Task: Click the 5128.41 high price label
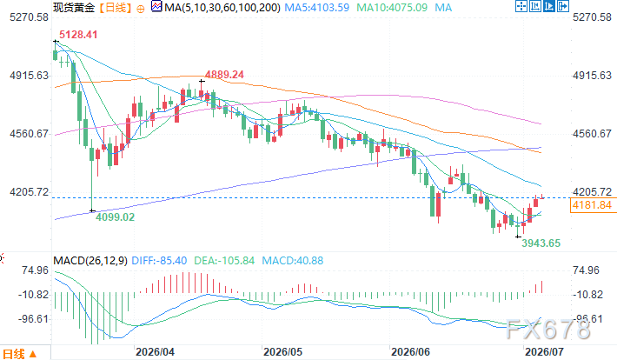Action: tap(78, 35)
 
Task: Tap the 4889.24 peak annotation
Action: tap(224, 75)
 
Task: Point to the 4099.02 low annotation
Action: tap(116, 217)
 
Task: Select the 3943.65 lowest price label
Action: tap(541, 243)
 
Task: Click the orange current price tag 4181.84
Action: tap(592, 205)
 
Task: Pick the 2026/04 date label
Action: tap(155, 351)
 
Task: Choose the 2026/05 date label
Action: tap(283, 351)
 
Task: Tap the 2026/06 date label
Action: tap(411, 351)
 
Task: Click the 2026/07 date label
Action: tap(545, 351)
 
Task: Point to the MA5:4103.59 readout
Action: tap(317, 8)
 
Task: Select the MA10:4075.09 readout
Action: tap(392, 8)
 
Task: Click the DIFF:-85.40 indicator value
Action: tap(159, 261)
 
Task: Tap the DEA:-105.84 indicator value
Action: tap(224, 261)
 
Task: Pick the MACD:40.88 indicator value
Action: tap(292, 261)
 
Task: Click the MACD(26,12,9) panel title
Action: tap(90, 261)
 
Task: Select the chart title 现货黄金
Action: tap(74, 8)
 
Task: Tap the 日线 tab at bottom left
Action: tap(14, 353)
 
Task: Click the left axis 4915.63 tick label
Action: tap(30, 76)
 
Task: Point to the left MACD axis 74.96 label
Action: tap(36, 270)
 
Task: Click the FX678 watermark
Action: tap(548, 330)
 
